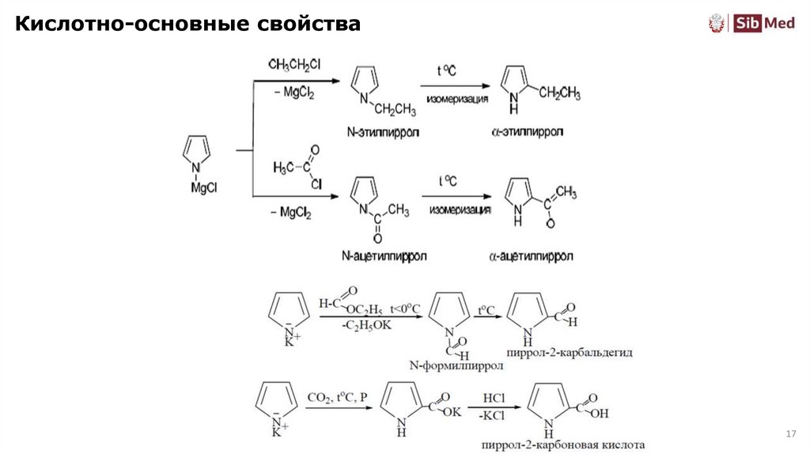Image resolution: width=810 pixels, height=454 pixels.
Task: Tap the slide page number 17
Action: [x=789, y=434]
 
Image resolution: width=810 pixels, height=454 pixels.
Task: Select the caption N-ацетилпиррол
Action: [x=384, y=256]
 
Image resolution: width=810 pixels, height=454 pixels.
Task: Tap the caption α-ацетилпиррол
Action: [x=532, y=256]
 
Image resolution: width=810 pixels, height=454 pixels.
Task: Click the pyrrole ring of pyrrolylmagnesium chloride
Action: [x=197, y=149]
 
